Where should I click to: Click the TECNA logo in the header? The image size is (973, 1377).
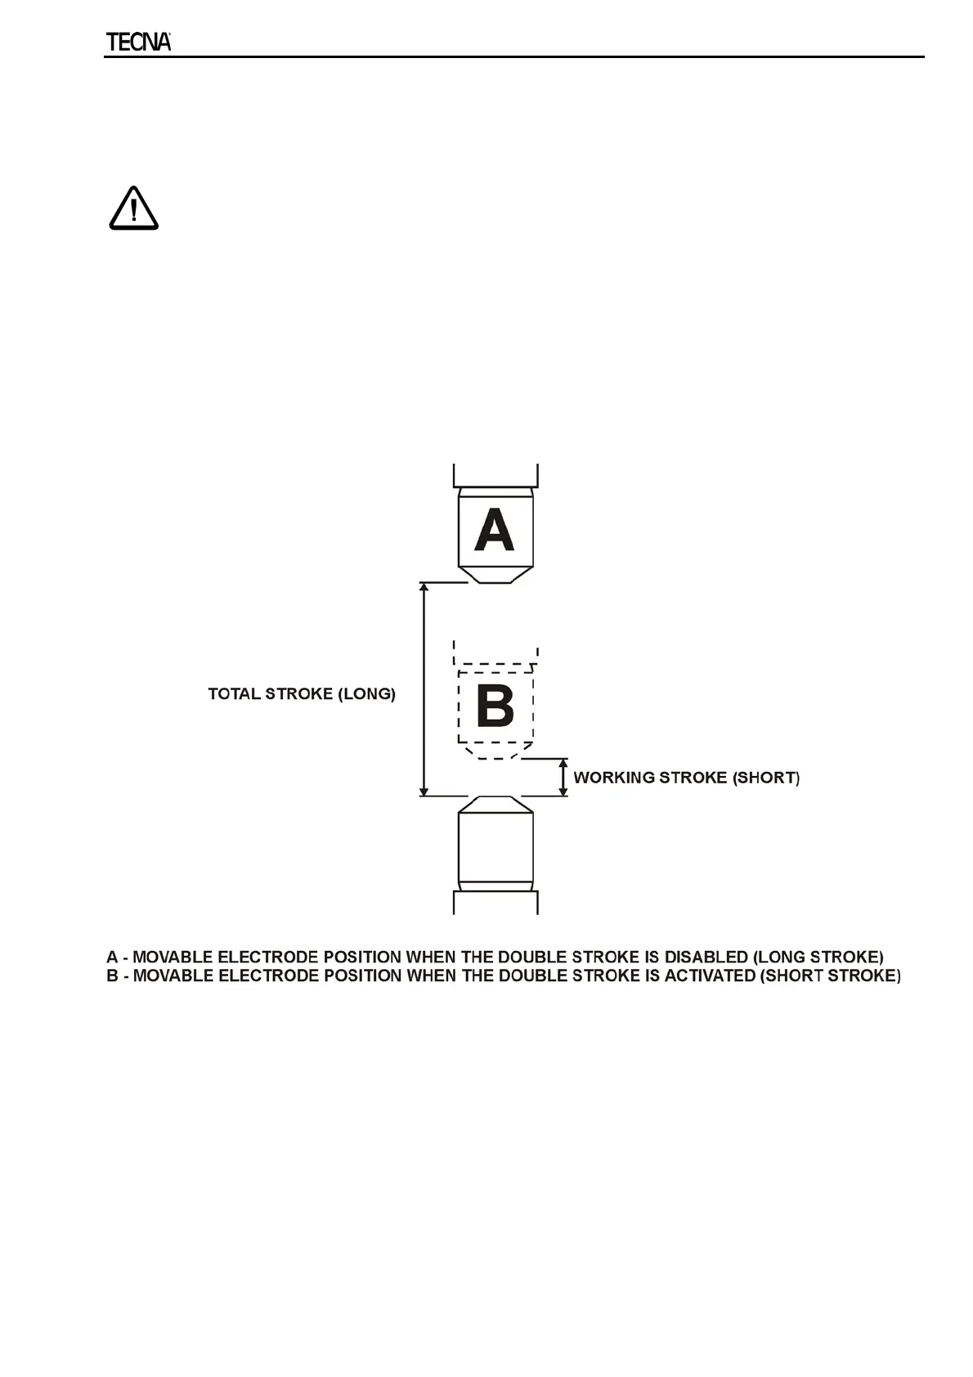tap(138, 43)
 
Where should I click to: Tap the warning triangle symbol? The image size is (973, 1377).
tap(133, 209)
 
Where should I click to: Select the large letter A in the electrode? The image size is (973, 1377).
tap(495, 530)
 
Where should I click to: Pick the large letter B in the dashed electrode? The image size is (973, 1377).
tap(495, 705)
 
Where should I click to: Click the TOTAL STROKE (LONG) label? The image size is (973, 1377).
tap(302, 694)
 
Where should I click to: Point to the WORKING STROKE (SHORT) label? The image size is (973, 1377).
tap(686, 778)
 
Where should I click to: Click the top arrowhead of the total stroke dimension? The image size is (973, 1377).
tap(424, 588)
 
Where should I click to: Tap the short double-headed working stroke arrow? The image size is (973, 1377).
tap(563, 777)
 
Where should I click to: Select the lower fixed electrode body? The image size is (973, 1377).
tap(495, 846)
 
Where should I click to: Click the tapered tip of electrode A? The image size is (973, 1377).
tap(495, 575)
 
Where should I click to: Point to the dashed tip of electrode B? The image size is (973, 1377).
tap(494, 751)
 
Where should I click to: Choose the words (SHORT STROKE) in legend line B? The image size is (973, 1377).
tap(832, 976)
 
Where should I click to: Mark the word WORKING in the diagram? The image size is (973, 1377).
tap(613, 778)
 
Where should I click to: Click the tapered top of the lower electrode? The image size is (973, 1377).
tap(495, 804)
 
